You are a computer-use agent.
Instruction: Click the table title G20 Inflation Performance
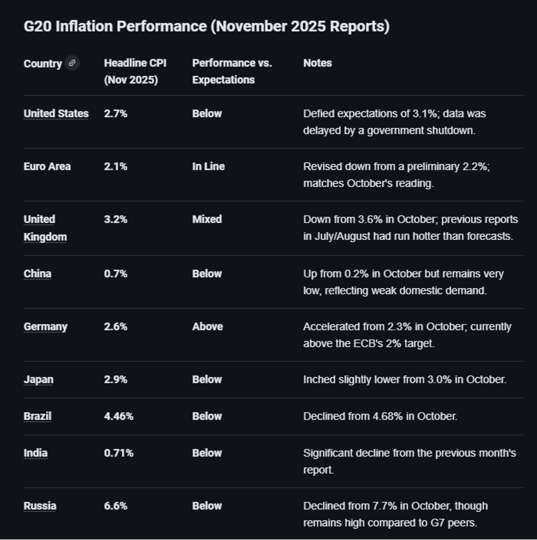tap(207, 26)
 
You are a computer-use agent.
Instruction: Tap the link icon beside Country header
tap(72, 63)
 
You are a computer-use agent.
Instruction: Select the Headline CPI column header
tap(135, 71)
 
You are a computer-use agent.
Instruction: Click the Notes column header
tap(317, 63)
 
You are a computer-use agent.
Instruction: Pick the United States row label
tap(56, 114)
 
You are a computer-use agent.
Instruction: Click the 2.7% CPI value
tap(115, 114)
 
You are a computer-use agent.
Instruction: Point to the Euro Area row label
tap(47, 166)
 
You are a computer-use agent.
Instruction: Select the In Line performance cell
tap(208, 166)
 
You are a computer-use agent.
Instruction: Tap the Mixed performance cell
tap(207, 219)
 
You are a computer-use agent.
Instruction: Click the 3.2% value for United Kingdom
tap(115, 219)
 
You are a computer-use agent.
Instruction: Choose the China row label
tap(37, 273)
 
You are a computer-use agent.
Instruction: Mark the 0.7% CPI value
tap(115, 273)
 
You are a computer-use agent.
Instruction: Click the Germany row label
tap(45, 326)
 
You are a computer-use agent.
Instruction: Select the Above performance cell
tap(207, 326)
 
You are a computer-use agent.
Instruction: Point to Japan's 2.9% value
tap(115, 379)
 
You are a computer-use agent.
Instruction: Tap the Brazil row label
tap(37, 416)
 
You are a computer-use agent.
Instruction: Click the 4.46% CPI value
tap(119, 416)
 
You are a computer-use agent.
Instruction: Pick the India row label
tap(36, 453)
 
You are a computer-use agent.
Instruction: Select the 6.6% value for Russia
tap(115, 506)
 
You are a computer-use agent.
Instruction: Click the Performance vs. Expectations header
tap(232, 71)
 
